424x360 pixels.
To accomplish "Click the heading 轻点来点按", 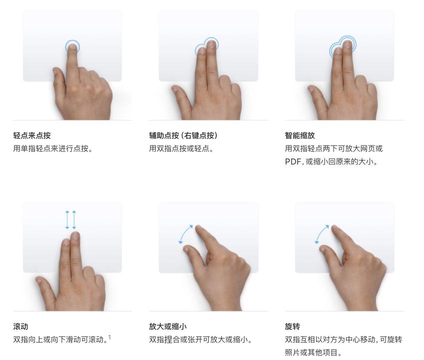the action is [32, 135].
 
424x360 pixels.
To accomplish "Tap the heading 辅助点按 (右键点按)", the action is [183, 135].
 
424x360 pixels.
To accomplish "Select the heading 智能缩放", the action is [300, 135].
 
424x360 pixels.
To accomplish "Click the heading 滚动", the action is [20, 326].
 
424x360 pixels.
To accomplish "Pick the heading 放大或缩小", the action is [168, 326].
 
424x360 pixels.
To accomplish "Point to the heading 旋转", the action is [292, 326].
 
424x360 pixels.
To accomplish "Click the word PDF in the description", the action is [293, 162].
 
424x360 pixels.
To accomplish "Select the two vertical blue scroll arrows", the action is [71, 220].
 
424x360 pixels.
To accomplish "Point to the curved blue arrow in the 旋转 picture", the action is [321, 233].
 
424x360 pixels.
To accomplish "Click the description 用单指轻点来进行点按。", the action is [53, 148].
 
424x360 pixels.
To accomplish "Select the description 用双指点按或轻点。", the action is [181, 148].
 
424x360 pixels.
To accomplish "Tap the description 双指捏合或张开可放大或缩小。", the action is [200, 339].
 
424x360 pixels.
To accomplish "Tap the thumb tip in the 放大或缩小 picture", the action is [187, 248].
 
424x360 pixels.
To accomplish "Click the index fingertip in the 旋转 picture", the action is [335, 228].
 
